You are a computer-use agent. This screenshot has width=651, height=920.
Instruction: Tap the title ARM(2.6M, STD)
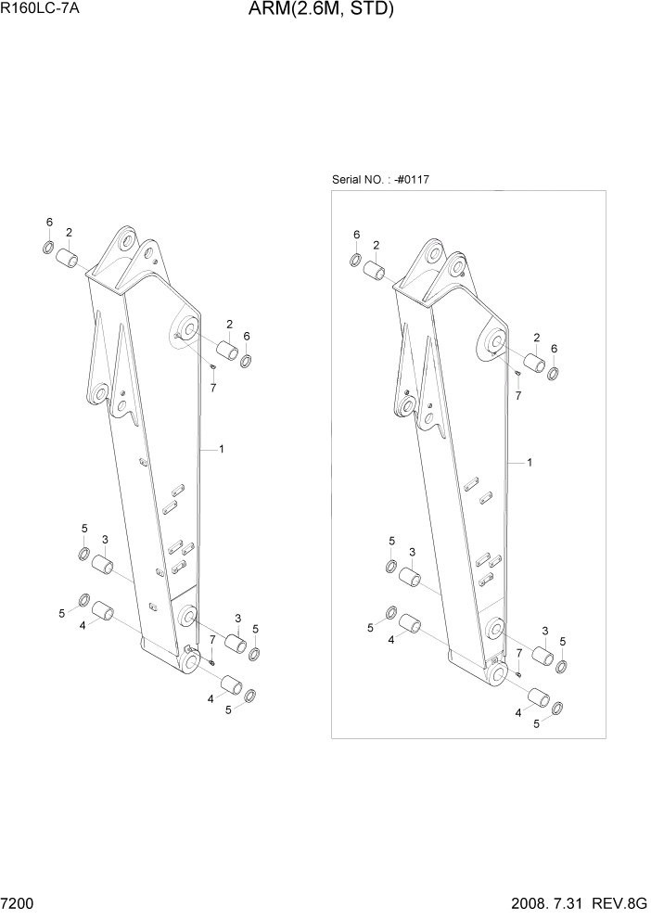[321, 11]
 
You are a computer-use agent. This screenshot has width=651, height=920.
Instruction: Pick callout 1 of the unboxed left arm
[221, 449]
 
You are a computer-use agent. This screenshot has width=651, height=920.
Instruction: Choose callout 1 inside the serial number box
[530, 461]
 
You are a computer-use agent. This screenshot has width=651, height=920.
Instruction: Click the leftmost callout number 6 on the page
[50, 223]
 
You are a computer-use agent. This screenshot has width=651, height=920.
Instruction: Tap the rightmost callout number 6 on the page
[554, 348]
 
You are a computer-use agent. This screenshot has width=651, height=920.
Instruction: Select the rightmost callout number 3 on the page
[544, 631]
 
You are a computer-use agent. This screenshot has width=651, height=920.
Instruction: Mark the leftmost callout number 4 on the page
[83, 625]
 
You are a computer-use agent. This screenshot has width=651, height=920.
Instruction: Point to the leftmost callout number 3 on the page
[105, 540]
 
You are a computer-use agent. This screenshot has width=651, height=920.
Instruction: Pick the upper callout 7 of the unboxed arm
[212, 387]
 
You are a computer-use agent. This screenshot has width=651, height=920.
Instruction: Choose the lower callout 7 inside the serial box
[518, 654]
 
